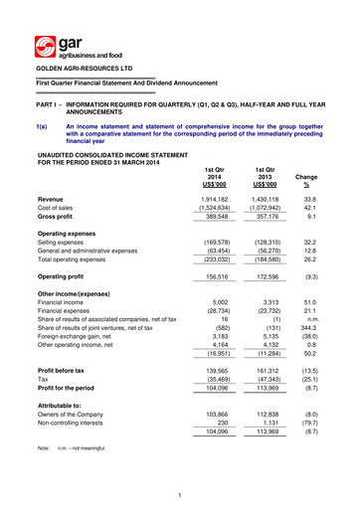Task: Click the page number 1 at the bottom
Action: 180,496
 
